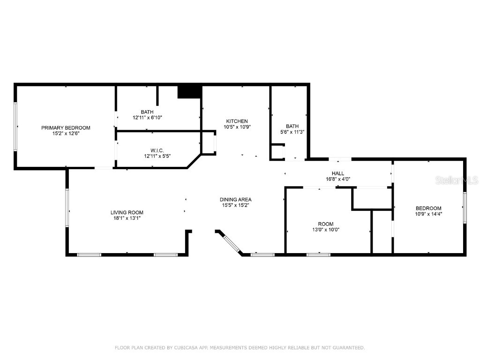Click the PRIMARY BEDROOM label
pyautogui.click(x=66, y=127)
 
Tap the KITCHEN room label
pyautogui.click(x=237, y=121)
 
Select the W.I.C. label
pyautogui.click(x=157, y=150)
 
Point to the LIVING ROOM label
pyautogui.click(x=127, y=212)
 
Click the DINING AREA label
pyautogui.click(x=236, y=200)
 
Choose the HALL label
pyautogui.click(x=338, y=173)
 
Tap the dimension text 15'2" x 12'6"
pyautogui.click(x=66, y=134)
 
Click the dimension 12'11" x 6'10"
pyautogui.click(x=147, y=118)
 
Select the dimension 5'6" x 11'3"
pyautogui.click(x=292, y=132)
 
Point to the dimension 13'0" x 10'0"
pyautogui.click(x=326, y=230)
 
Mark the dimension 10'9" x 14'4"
pyautogui.click(x=428, y=214)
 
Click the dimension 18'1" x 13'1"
pyautogui.click(x=127, y=218)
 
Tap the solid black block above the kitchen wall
pyautogui.click(x=189, y=92)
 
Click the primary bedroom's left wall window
pyautogui.click(x=15, y=127)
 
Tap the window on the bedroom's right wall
pyautogui.click(x=465, y=207)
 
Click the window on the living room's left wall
pyautogui.click(x=67, y=208)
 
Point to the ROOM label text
pyautogui.click(x=326, y=224)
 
